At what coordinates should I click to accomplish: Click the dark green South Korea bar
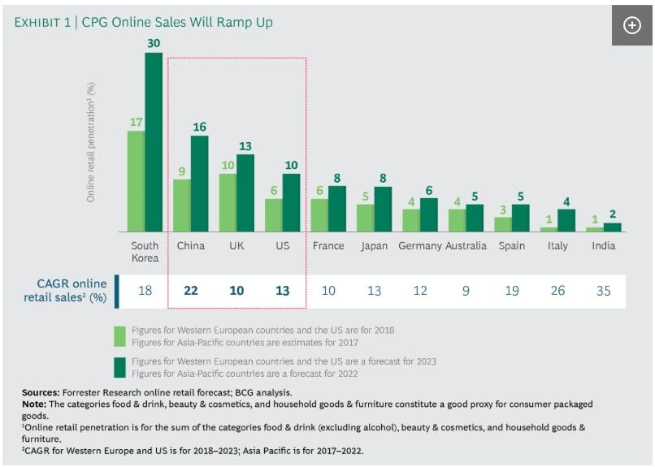point(154,142)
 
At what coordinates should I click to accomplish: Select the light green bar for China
point(182,205)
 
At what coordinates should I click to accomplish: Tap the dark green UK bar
point(245,192)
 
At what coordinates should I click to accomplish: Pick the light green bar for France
point(319,214)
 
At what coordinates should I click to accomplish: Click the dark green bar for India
point(612,227)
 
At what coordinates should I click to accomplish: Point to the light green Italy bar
point(549,229)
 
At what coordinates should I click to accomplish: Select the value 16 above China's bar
point(200,127)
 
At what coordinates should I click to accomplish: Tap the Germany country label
point(420,245)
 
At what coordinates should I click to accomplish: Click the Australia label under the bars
point(466,245)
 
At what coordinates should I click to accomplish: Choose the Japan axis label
point(374,245)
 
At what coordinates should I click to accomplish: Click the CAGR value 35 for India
point(603,290)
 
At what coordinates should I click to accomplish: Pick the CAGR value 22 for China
point(191,290)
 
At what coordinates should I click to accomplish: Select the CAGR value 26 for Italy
point(557,290)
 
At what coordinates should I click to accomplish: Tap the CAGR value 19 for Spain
point(511,290)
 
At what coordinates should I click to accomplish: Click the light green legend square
point(119,336)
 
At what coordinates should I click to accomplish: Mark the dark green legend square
point(119,366)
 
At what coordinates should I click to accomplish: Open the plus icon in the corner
point(631,25)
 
